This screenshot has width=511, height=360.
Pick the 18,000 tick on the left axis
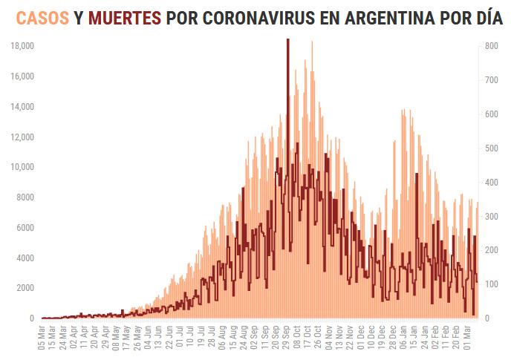22,46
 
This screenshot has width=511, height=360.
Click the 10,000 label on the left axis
22,167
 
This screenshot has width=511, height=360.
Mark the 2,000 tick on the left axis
25,288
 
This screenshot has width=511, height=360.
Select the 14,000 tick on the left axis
22,107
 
